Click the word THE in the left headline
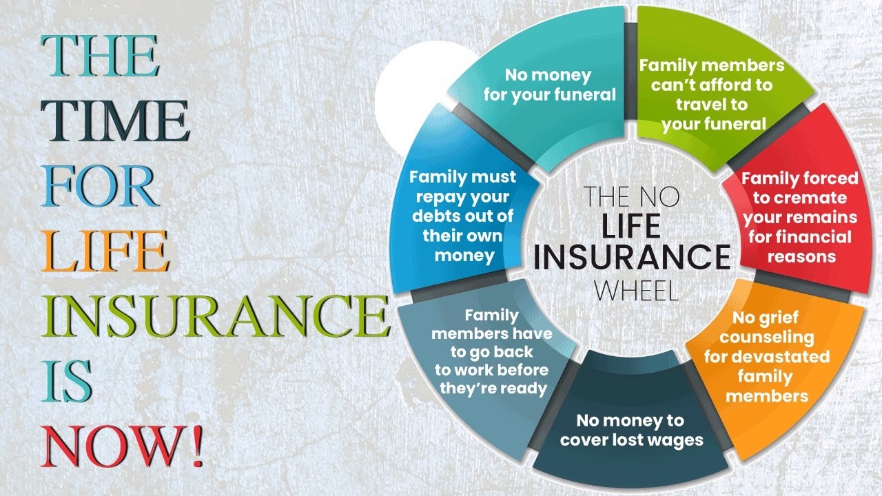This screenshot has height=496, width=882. coord(101,56)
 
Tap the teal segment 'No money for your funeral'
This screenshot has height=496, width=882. coord(549,85)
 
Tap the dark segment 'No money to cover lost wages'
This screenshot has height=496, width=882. coord(630,430)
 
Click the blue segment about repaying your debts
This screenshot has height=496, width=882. coord(462,216)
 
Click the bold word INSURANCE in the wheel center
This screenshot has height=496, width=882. coord(631,256)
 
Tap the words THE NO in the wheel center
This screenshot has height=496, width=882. coord(631,196)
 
